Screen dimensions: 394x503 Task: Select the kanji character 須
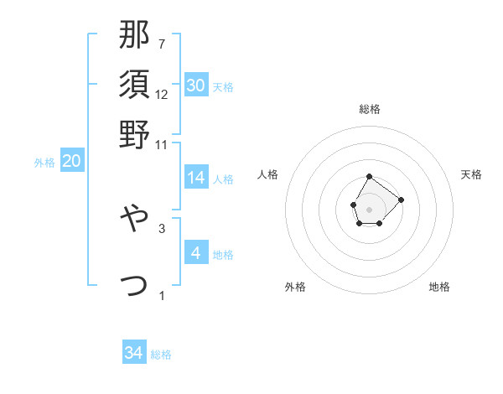pyautogui.click(x=135, y=85)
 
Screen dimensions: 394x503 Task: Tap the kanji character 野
pyautogui.click(x=135, y=134)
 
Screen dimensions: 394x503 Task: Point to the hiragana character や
pyautogui.click(x=135, y=220)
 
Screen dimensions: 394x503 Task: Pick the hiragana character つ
pyautogui.click(x=135, y=284)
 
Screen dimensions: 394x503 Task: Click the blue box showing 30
pyautogui.click(x=196, y=86)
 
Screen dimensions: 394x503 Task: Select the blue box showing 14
pyautogui.click(x=196, y=178)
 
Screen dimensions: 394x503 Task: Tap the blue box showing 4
pyautogui.click(x=196, y=252)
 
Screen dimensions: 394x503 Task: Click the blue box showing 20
pyautogui.click(x=72, y=162)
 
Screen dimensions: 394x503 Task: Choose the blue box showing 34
pyautogui.click(x=134, y=353)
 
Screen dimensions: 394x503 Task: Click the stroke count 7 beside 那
pyautogui.click(x=162, y=44)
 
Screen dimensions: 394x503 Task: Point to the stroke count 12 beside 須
pyautogui.click(x=162, y=94)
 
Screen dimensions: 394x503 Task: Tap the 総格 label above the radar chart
pyautogui.click(x=370, y=109)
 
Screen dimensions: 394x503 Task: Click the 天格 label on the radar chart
pyautogui.click(x=472, y=174)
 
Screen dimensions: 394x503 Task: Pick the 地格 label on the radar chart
pyautogui.click(x=439, y=287)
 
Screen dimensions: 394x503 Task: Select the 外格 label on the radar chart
pyautogui.click(x=295, y=287)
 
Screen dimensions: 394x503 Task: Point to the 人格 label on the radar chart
pyautogui.click(x=268, y=174)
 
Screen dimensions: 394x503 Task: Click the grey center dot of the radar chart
pyautogui.click(x=370, y=208)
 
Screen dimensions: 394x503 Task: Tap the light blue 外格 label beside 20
pyautogui.click(x=44, y=163)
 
